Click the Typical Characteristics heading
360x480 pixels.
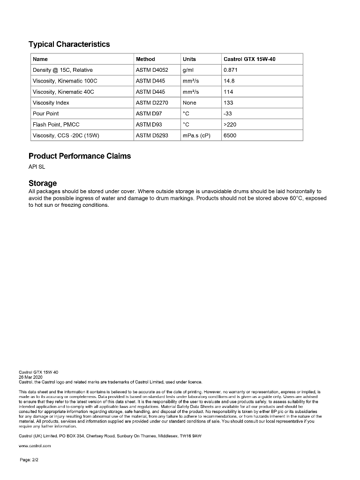[x=69, y=45]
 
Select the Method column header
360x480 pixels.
[x=145, y=59]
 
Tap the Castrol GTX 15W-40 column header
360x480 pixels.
[x=253, y=59]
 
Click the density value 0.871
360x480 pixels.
[x=231, y=70]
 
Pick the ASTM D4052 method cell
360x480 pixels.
[x=152, y=70]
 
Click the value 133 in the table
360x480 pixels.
[x=229, y=103]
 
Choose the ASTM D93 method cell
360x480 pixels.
[x=149, y=124]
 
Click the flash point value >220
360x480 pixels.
[x=230, y=124]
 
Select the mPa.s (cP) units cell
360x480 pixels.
[x=196, y=135]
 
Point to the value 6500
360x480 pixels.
[x=230, y=135]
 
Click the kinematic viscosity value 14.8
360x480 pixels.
[x=229, y=81]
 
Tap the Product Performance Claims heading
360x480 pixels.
[x=80, y=156]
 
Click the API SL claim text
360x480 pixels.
[x=37, y=166]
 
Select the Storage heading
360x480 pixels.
[x=43, y=183]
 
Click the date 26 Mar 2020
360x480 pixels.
[x=30, y=377]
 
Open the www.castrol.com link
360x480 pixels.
[x=35, y=446]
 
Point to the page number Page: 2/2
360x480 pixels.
[x=29, y=460]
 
